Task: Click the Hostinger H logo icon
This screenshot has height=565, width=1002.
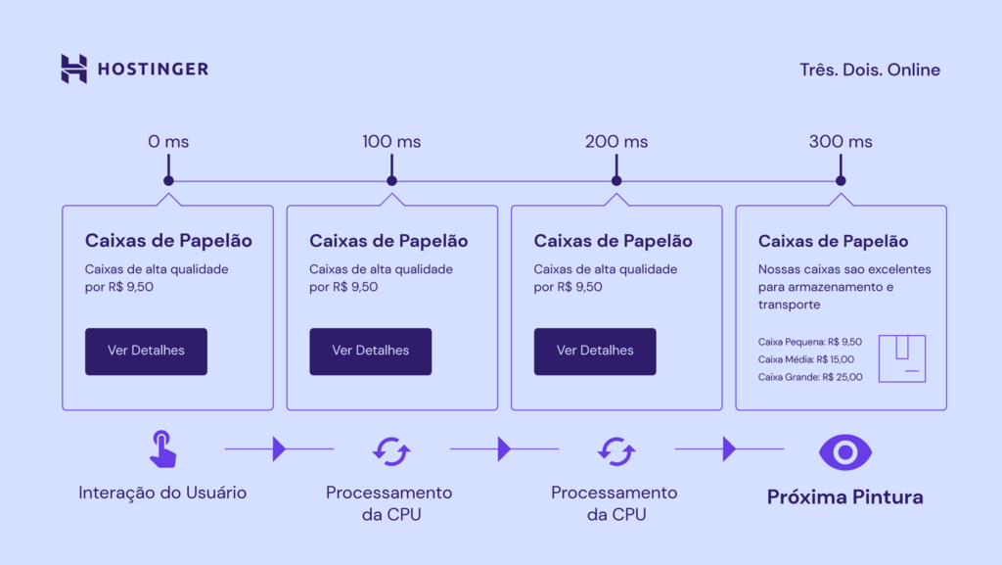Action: point(74,69)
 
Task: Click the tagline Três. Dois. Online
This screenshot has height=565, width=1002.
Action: point(869,70)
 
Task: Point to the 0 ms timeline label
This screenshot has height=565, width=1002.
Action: point(168,142)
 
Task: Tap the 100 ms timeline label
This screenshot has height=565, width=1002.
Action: point(391,142)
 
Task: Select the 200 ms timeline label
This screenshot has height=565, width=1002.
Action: point(616,142)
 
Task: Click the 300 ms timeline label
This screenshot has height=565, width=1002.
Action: point(841,142)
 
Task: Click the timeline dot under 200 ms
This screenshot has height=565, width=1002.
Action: point(616,181)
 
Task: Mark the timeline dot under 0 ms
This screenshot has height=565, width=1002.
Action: point(168,181)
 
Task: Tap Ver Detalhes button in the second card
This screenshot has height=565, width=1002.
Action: point(370,351)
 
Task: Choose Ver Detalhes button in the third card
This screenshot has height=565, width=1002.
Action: point(595,351)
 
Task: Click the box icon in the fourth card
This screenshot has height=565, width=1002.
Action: point(901,358)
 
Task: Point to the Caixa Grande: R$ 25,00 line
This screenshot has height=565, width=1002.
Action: point(810,377)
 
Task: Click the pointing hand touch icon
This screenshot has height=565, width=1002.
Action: point(162,448)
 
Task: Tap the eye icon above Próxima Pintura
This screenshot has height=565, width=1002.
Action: point(844,451)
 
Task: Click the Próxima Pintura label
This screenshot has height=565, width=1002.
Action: point(844,497)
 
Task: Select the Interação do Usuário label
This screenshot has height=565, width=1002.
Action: point(162,493)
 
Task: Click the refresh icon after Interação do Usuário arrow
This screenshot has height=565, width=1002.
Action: point(390,451)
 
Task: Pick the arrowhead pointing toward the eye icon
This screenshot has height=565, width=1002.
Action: point(728,449)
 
